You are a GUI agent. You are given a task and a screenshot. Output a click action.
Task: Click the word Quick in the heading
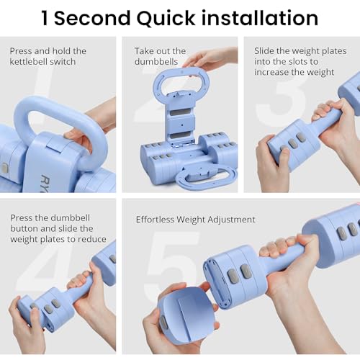(x=166, y=19)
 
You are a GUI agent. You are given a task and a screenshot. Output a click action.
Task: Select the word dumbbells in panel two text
(x=156, y=62)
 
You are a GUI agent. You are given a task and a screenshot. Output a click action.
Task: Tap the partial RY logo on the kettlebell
(x=44, y=183)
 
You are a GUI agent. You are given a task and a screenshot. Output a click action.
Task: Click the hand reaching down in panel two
(x=211, y=59)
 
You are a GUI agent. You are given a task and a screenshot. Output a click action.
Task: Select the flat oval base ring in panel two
(x=207, y=177)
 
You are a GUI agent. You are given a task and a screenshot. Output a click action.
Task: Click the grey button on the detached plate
(x=164, y=323)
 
